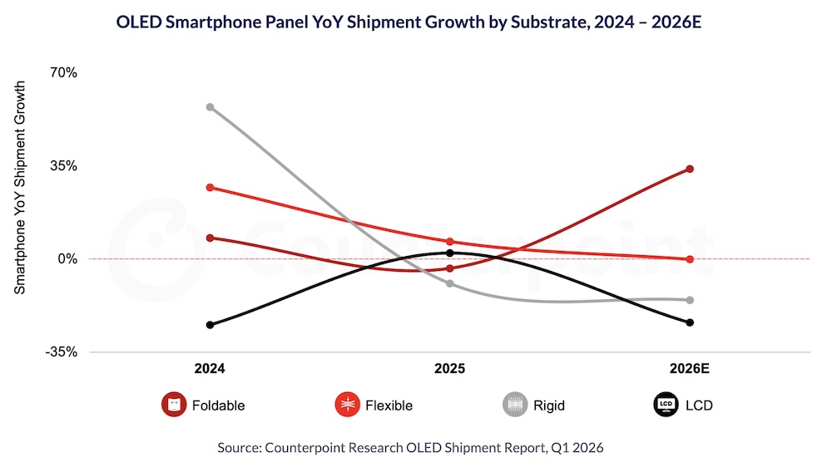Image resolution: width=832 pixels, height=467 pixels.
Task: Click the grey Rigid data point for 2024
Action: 210,107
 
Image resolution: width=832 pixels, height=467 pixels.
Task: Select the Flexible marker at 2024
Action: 210,188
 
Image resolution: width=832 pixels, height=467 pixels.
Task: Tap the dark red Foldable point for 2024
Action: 210,238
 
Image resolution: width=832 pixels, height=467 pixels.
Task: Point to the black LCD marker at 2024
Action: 210,325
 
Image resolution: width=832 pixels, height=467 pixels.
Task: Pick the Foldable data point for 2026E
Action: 690,170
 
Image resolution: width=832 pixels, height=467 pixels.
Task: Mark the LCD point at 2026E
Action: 690,322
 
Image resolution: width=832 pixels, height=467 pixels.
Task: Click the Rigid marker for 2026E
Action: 690,300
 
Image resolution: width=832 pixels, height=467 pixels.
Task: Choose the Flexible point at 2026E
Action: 690,259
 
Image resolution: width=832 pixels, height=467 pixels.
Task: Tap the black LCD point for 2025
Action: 450,253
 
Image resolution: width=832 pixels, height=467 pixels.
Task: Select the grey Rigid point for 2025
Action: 450,283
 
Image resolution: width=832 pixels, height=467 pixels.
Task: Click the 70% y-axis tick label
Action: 40,73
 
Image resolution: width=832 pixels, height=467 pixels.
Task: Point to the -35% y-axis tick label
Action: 37,352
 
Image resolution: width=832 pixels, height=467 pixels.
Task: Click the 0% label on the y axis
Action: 43,259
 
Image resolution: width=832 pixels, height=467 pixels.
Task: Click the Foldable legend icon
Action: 173,406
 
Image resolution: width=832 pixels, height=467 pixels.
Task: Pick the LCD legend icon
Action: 665,406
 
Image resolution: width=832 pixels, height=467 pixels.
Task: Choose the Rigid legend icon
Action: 514,406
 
